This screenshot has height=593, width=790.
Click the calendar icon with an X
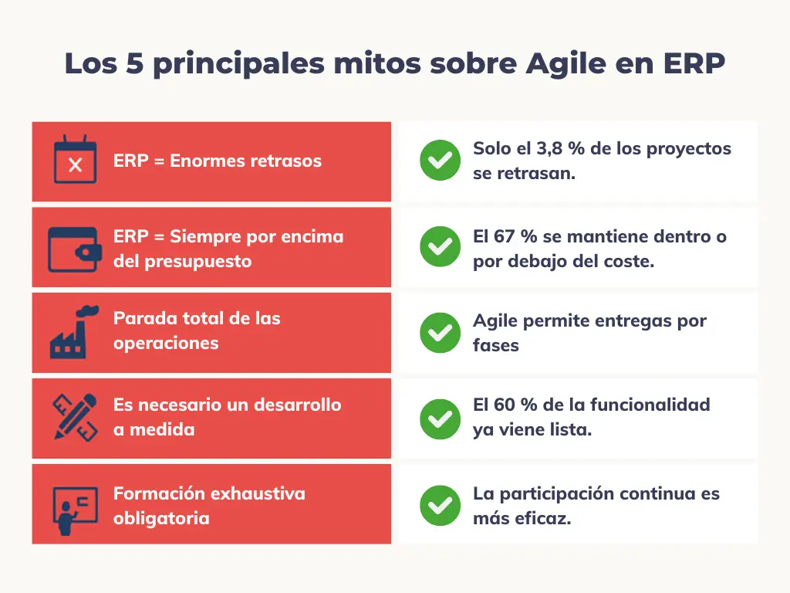[75, 159]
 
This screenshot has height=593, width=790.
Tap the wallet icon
[75, 249]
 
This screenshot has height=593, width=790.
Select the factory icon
[73, 332]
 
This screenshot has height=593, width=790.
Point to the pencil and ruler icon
[75, 418]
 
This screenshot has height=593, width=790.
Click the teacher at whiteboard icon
[75, 510]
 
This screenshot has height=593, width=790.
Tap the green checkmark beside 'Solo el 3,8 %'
[440, 161]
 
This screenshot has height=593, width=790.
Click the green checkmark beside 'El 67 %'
[440, 246]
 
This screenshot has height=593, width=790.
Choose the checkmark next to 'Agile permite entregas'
[440, 333]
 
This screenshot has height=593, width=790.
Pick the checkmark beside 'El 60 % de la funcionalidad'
[440, 419]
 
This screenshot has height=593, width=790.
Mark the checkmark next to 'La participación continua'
[440, 505]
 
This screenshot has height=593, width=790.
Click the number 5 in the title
[134, 63]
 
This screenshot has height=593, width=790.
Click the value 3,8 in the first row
[549, 149]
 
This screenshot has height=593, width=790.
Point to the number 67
[504, 236]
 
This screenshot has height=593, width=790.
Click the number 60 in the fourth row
[504, 405]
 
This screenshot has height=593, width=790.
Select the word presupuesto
[198, 263]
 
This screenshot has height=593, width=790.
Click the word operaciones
[166, 344]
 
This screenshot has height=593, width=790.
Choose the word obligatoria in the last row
[161, 518]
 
